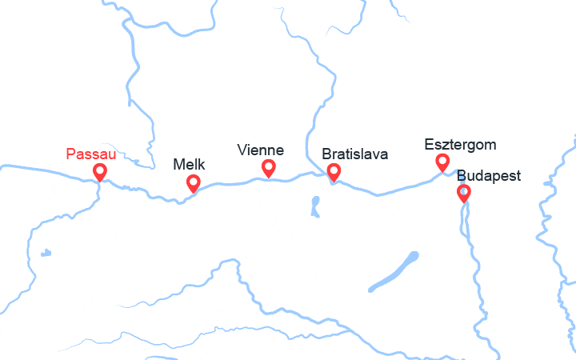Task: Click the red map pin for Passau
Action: [x=100, y=171]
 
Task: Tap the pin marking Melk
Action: [x=193, y=182]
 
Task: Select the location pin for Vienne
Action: [x=269, y=167]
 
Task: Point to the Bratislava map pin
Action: [x=334, y=171]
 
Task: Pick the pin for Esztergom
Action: [x=442, y=162]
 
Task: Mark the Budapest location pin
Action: [x=463, y=192]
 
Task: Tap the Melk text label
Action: [x=189, y=165]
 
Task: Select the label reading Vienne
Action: [x=261, y=150]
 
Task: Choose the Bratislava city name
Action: [x=354, y=154]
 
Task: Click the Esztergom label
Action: [x=460, y=145]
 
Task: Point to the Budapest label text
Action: [x=489, y=175]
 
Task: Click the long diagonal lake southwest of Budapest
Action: [x=392, y=273]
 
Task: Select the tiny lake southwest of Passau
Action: [x=46, y=253]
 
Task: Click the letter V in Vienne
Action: [x=242, y=150]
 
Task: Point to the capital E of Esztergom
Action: [x=429, y=145]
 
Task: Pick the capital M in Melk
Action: [x=178, y=165]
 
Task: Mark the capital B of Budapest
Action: [x=462, y=175]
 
